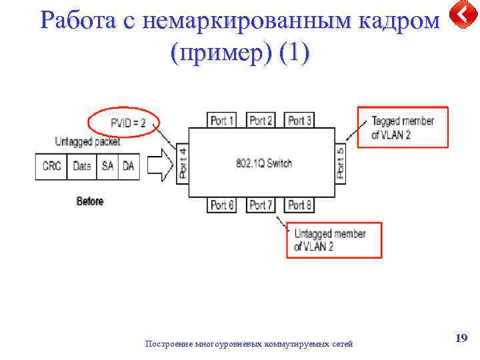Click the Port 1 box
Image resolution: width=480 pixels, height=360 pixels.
[x=223, y=120]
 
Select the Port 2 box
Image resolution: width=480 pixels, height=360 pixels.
[x=261, y=120]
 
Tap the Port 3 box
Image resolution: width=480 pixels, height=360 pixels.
[x=300, y=120]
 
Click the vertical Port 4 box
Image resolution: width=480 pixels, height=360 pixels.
[x=183, y=164]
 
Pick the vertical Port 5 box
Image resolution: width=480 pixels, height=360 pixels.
[x=340, y=164]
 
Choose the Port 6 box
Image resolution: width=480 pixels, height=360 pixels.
[x=223, y=205]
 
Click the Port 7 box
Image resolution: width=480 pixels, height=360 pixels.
[x=261, y=205]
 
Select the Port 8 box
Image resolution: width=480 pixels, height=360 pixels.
[x=300, y=205]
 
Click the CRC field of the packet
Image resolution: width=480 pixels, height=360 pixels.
[x=51, y=166]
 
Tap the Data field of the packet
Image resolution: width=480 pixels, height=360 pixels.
[x=82, y=166]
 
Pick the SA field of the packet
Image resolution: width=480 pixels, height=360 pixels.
[x=107, y=166]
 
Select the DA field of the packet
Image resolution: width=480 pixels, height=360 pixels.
[x=128, y=166]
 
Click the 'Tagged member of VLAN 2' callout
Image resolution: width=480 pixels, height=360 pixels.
[x=403, y=127]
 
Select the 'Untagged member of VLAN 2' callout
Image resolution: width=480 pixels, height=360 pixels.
[x=335, y=240]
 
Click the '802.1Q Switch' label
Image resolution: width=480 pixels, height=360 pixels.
[x=264, y=163]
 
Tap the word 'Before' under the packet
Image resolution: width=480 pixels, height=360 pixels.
[x=90, y=201]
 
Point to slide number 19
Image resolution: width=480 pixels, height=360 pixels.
[x=461, y=339]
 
